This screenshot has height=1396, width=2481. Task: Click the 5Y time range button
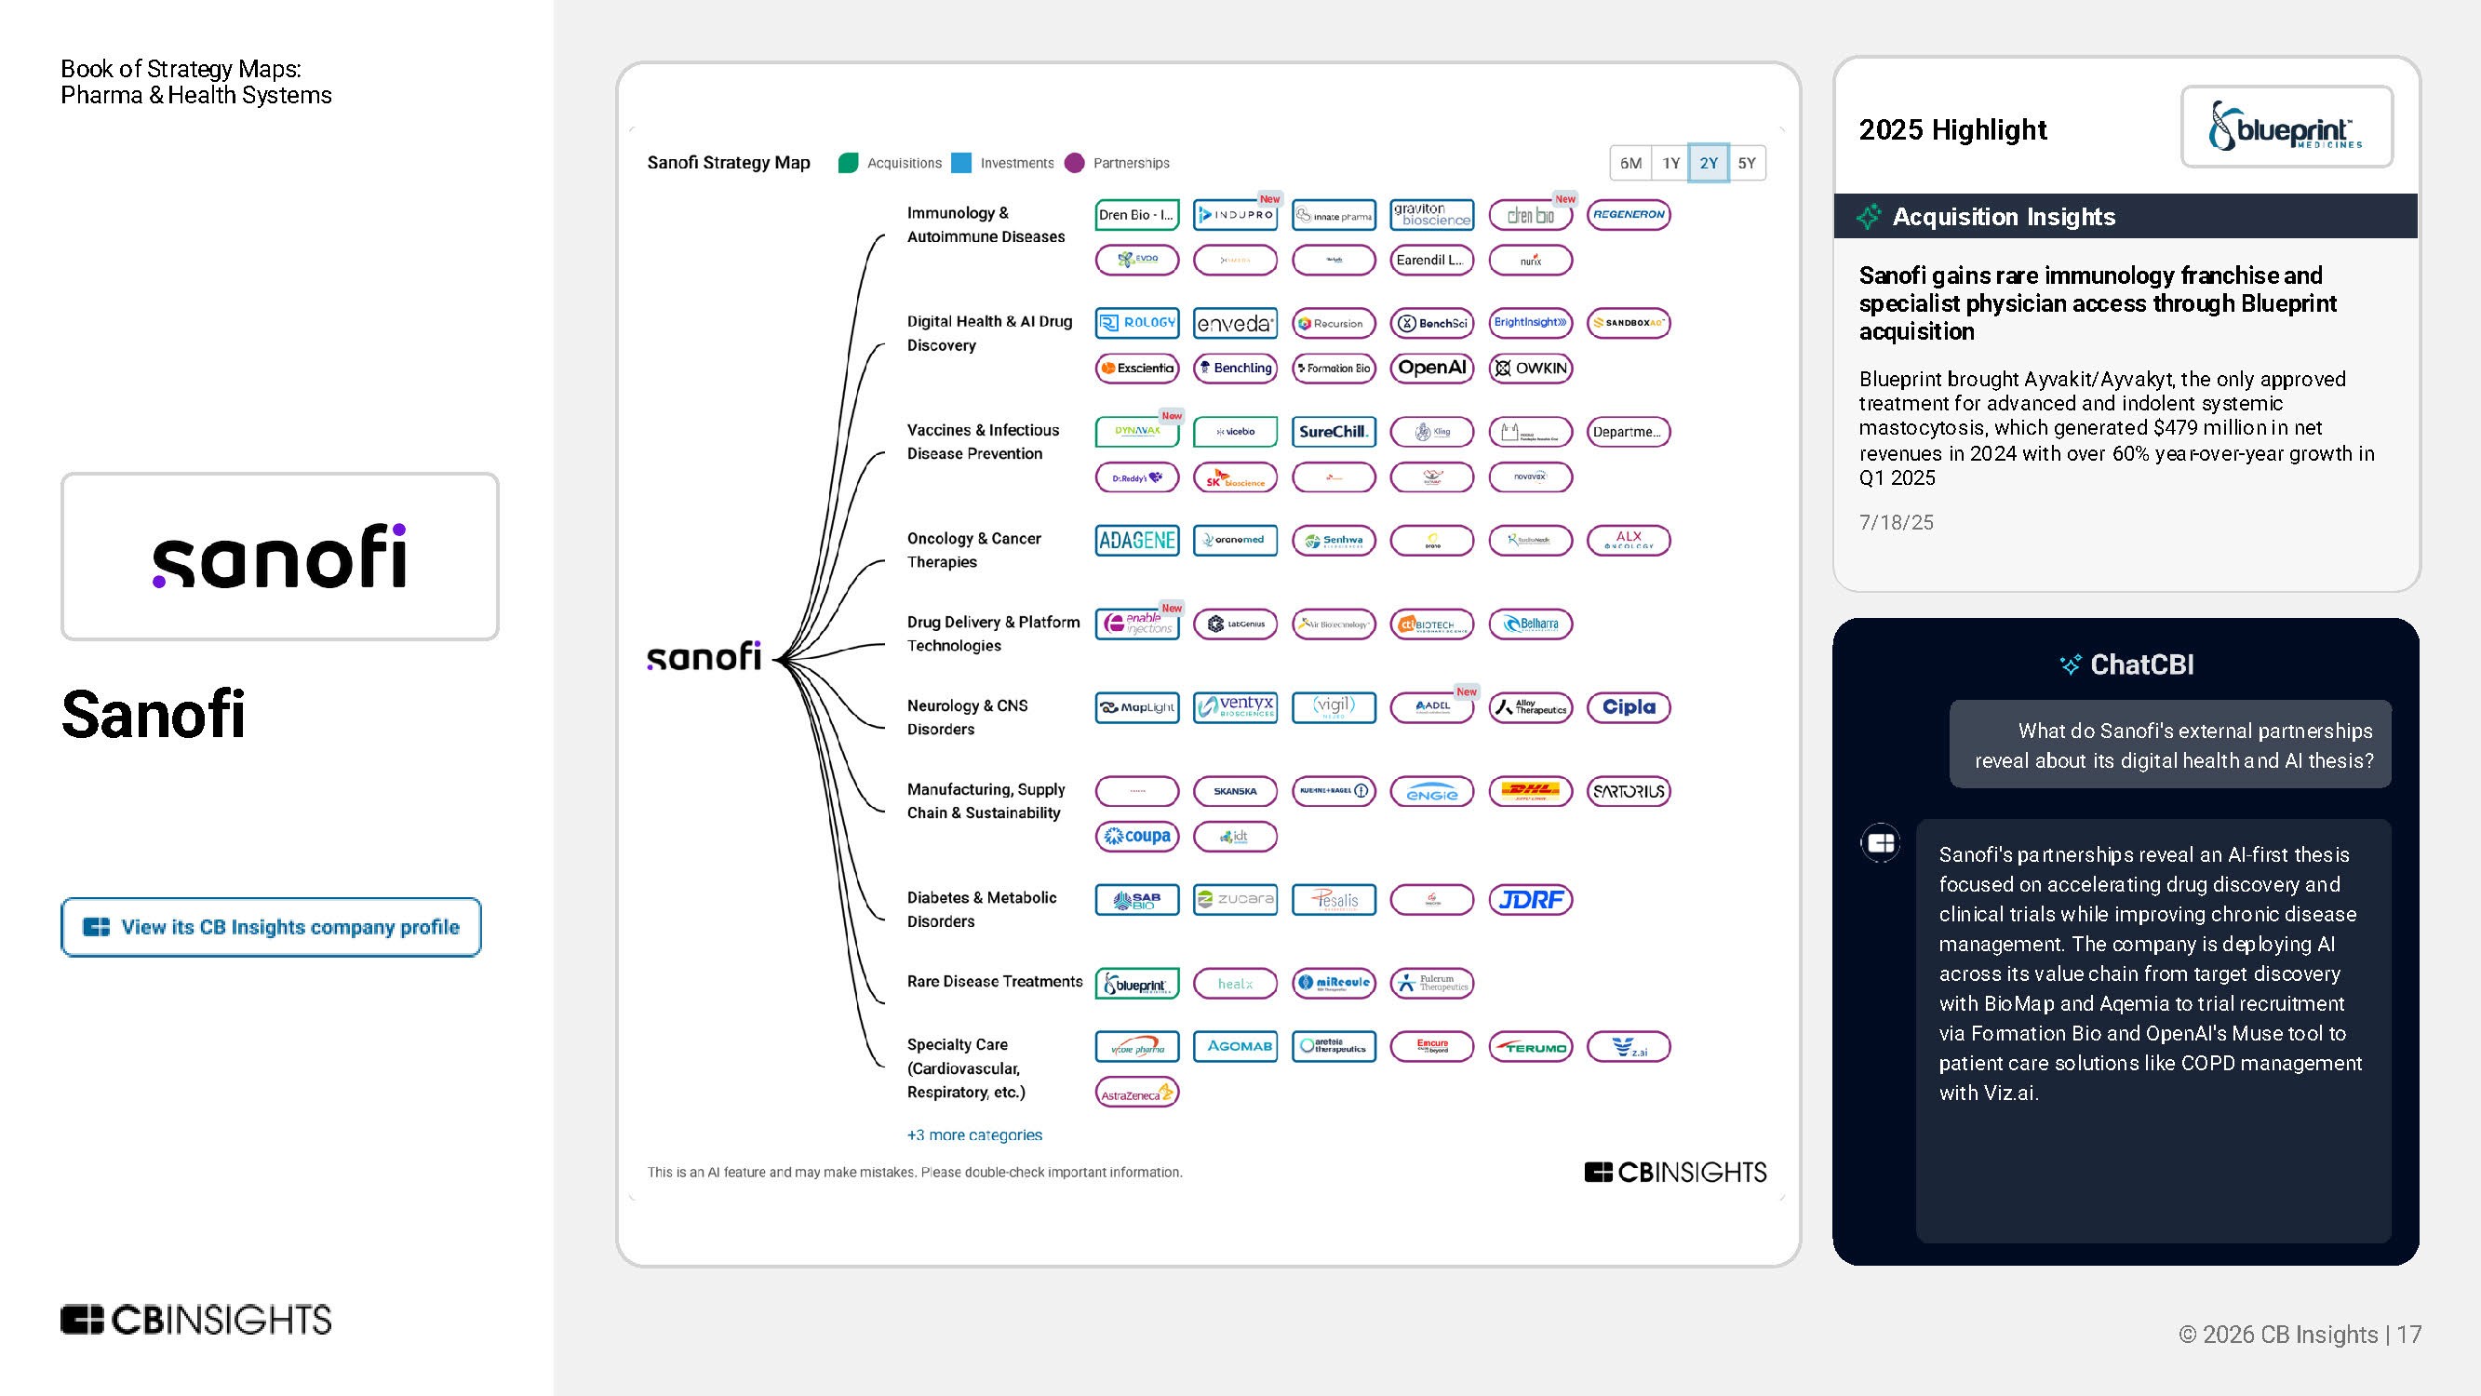pos(1746,163)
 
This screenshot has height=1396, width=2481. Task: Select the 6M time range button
pos(1630,163)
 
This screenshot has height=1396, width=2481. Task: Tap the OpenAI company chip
pos(1431,368)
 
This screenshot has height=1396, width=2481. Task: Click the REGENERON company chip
pos(1628,215)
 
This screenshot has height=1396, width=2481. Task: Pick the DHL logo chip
pos(1529,791)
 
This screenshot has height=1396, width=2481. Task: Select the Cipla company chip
pos(1628,707)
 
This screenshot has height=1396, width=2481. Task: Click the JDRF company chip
pos(1529,900)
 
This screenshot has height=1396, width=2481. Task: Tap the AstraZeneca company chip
pos(1136,1093)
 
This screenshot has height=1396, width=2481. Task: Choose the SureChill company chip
pos(1333,432)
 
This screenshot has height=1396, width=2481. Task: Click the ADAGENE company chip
pos(1136,541)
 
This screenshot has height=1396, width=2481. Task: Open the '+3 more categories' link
pos(973,1134)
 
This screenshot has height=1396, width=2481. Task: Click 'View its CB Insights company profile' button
pos(271,927)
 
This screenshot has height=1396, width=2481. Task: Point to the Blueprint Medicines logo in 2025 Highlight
pos(2286,128)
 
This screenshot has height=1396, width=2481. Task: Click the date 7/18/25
pos(1896,522)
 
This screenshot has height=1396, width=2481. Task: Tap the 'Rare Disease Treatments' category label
pos(994,981)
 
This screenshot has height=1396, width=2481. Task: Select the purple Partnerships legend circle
pos(1075,163)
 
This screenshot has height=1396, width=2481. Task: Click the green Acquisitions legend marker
pos(848,163)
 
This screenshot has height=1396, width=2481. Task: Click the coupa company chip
pos(1136,837)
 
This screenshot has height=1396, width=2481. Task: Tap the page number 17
pos(2408,1335)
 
